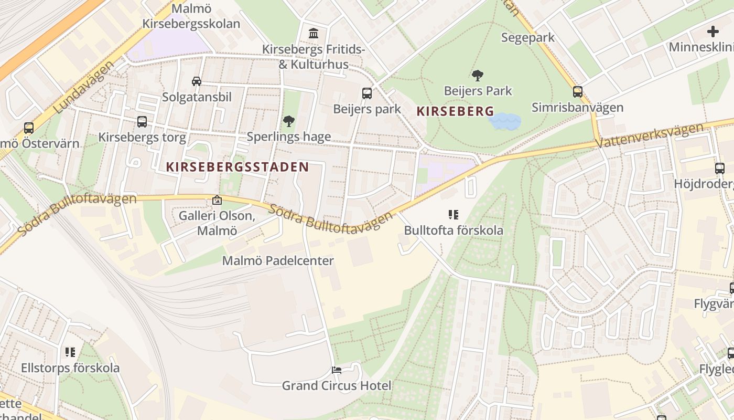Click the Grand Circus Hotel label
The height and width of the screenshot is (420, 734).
[x=337, y=386]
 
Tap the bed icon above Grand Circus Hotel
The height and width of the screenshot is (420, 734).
[x=337, y=370]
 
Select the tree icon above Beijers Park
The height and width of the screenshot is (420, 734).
[x=477, y=76]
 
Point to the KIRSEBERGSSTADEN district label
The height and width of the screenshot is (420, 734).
[x=238, y=167]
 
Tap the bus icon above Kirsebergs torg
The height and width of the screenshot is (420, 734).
[x=142, y=122]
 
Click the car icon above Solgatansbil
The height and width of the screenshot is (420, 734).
[x=197, y=81]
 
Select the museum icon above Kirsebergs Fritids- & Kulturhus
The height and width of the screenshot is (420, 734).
[x=314, y=34]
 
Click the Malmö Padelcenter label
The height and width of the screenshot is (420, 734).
[x=278, y=261]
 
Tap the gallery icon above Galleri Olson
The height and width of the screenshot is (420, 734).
[x=217, y=200]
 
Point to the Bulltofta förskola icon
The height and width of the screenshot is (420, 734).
[x=454, y=214]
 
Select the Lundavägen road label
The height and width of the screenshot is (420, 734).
[x=84, y=88]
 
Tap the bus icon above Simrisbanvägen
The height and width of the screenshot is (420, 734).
[x=577, y=92]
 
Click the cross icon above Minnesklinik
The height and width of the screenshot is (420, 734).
[x=713, y=31]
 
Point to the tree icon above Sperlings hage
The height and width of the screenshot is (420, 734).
[x=288, y=122]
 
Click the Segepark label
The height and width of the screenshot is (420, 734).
[x=527, y=38]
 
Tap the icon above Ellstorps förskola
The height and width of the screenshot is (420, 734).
[x=70, y=352]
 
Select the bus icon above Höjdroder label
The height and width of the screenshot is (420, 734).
[x=720, y=169]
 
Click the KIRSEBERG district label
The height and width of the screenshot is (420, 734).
[x=455, y=111]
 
